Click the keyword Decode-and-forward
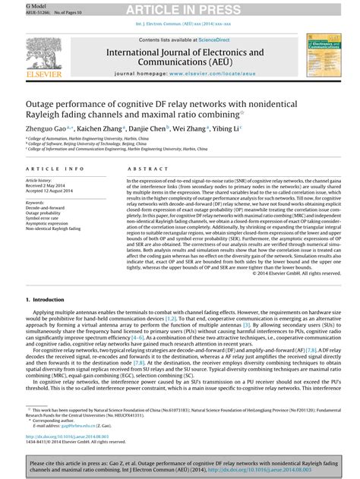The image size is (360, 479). (52, 205)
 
